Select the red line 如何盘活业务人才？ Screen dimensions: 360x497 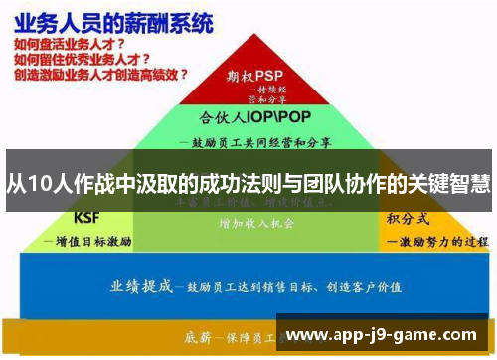coord(70,45)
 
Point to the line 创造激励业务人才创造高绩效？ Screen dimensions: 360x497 coord(100,75)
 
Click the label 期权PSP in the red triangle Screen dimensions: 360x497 coord(254,75)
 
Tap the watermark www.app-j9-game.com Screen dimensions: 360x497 coord(384,335)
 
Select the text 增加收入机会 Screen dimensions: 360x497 coord(256,224)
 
